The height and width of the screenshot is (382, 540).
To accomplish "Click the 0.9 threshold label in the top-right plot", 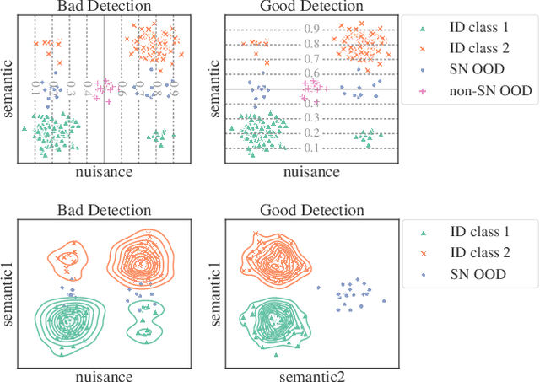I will coord(311,30).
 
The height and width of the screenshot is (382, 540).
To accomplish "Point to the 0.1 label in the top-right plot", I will coord(311,148).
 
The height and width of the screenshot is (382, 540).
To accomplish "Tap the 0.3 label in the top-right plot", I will coord(311,118).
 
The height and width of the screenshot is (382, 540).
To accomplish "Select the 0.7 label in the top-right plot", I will coord(311,59).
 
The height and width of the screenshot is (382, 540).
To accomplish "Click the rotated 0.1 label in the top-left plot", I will coord(35,85).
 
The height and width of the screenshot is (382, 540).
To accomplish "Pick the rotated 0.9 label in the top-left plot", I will coord(174,85).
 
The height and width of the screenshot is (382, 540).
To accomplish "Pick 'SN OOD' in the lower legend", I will coord(479,275).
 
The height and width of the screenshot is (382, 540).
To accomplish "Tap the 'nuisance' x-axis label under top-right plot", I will coord(312,172).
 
